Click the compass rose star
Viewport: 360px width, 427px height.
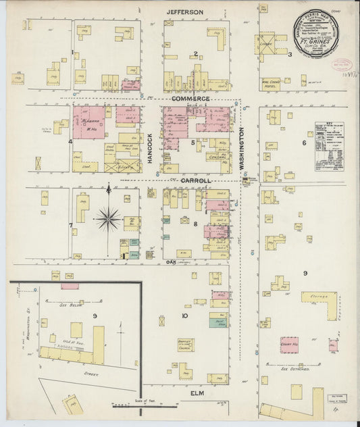coord(108,218)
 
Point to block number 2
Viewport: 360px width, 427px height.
coord(196,54)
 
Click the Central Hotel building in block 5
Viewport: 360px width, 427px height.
coord(217,156)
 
